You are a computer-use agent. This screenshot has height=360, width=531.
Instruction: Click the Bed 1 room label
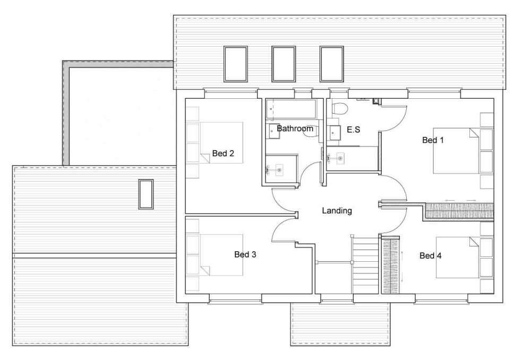(433, 140)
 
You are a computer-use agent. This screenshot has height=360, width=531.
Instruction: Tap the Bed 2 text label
(223, 153)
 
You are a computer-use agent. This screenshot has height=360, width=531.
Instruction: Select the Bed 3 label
(245, 254)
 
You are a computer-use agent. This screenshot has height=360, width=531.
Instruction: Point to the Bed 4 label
(431, 256)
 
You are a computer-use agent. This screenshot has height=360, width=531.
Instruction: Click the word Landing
(337, 211)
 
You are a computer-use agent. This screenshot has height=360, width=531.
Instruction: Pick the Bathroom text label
(295, 128)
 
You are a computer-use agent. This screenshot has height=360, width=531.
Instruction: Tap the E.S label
(354, 130)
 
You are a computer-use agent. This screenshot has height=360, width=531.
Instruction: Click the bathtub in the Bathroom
(291, 109)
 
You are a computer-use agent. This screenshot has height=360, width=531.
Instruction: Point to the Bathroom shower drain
(279, 170)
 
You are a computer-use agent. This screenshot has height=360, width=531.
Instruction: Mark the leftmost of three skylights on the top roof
(236, 64)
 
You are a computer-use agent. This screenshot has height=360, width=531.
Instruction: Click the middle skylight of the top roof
(284, 64)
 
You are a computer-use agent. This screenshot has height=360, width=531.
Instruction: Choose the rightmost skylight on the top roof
(332, 64)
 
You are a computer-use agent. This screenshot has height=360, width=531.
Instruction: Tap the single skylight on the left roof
(146, 194)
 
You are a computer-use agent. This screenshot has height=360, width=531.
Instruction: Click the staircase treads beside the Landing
(365, 265)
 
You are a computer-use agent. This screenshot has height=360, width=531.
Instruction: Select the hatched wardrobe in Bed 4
(391, 265)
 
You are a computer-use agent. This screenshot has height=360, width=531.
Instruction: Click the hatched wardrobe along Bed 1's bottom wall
(459, 211)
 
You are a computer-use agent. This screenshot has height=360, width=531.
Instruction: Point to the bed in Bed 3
(221, 255)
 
